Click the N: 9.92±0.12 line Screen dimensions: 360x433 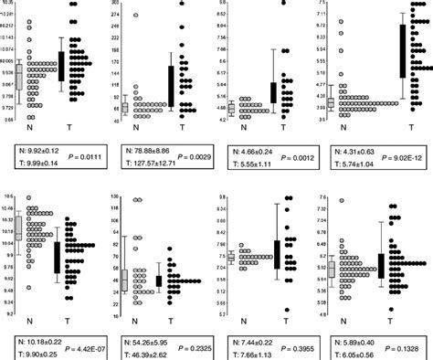pyautogui.click(x=33, y=146)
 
